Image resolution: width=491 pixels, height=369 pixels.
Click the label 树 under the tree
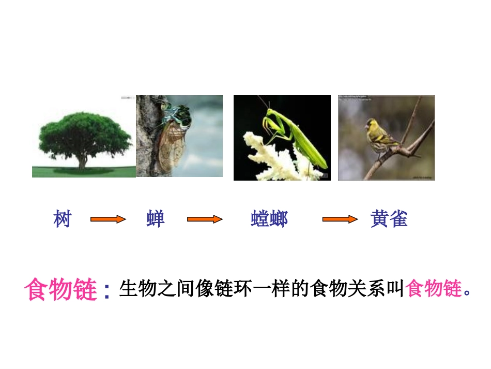(62, 219)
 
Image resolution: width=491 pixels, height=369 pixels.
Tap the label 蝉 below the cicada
(155, 219)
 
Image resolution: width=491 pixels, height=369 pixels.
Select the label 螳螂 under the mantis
(269, 219)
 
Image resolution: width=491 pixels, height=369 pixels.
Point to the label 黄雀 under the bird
(389, 219)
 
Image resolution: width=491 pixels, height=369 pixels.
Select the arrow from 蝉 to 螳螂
(204, 219)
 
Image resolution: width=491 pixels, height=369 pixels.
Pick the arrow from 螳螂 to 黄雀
(340, 219)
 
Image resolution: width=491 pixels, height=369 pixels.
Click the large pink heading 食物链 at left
(61, 290)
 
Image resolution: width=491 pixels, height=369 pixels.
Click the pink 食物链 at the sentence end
(434, 289)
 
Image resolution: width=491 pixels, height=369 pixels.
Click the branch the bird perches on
(408, 150)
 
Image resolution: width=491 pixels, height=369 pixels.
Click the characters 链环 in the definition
(222, 289)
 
